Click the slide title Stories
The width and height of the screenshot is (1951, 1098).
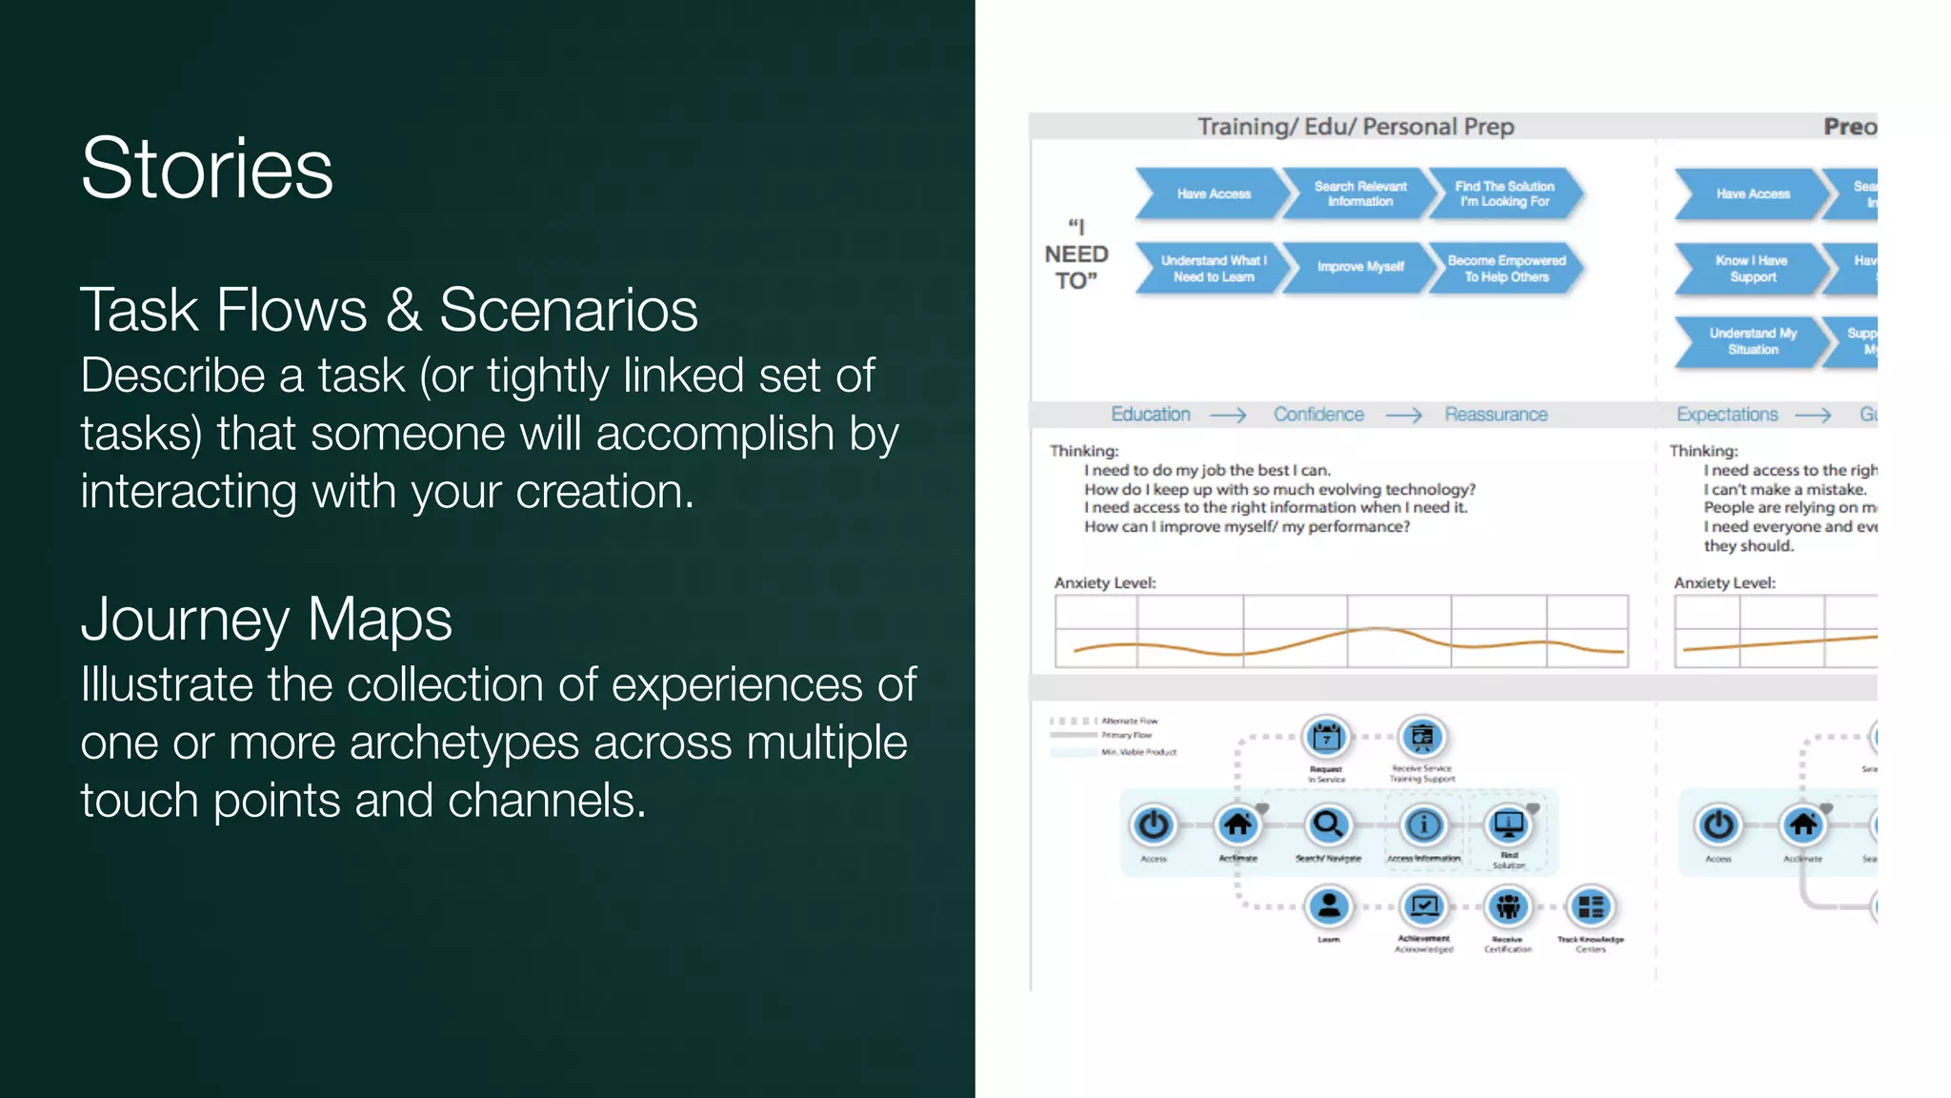click(207, 169)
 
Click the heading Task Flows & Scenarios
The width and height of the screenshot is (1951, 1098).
click(389, 311)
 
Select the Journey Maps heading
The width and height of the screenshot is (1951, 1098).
click(266, 620)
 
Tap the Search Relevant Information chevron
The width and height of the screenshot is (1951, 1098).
click(1359, 193)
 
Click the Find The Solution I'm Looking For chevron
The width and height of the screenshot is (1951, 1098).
click(1504, 193)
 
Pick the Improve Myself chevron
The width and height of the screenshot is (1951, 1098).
click(1359, 267)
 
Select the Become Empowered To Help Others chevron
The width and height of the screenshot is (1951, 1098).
click(1505, 268)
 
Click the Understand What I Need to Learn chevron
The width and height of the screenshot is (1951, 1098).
click(1213, 268)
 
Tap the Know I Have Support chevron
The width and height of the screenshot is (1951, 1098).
click(1751, 268)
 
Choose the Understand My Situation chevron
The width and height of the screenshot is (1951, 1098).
click(1752, 341)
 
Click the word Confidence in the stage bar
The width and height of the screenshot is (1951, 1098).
click(1318, 415)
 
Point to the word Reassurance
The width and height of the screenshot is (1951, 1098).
click(1496, 415)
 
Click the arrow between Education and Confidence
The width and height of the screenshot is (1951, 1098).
click(1228, 416)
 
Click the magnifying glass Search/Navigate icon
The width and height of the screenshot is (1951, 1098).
click(1327, 824)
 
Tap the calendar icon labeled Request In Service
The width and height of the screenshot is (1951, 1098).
click(1326, 737)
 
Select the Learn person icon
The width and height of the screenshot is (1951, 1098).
click(1329, 906)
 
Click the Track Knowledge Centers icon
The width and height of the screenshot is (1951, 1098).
click(1591, 906)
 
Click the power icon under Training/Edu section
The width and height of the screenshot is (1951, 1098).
click(1154, 824)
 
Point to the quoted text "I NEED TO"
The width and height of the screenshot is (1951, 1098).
click(1076, 254)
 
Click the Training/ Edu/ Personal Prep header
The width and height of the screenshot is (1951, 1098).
click(1355, 127)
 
